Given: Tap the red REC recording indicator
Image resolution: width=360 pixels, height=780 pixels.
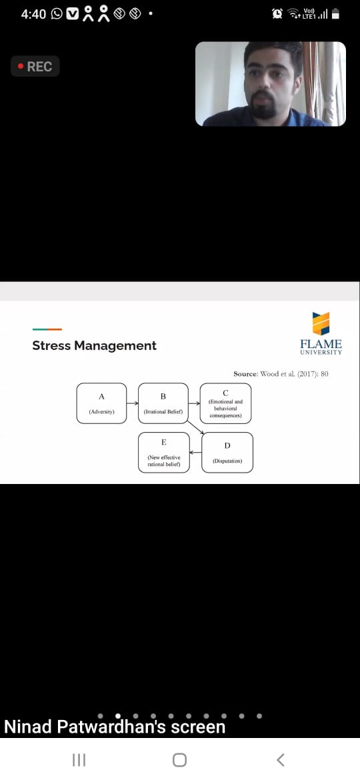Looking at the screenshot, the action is click(x=35, y=66).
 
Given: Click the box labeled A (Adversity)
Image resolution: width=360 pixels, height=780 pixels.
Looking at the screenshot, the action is click(x=101, y=403).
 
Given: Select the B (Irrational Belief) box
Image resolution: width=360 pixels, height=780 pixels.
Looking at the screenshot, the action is click(x=163, y=403).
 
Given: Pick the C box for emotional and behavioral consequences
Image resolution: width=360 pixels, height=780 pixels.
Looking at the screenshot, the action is click(x=225, y=403).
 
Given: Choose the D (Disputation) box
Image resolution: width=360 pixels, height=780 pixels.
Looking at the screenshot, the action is click(x=227, y=452).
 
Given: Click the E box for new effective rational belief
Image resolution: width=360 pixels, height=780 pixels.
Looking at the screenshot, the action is click(x=163, y=452).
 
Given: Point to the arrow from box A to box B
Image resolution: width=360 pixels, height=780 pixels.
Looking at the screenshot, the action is click(x=132, y=403).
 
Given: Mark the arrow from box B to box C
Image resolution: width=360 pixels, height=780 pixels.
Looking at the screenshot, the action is click(x=195, y=403).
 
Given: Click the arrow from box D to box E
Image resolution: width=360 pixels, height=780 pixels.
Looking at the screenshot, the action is click(x=195, y=452).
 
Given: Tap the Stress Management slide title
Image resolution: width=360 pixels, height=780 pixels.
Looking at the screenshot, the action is click(x=95, y=346).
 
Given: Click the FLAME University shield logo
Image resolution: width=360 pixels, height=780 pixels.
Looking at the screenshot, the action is click(x=321, y=324).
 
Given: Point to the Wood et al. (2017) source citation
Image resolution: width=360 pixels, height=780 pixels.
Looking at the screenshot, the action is click(x=281, y=373).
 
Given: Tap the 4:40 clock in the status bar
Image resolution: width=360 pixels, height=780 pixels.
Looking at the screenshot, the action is click(x=33, y=14).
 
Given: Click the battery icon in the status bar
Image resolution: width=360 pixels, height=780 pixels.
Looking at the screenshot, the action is click(x=335, y=14).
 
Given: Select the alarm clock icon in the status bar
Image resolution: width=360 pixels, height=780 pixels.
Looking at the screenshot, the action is click(x=277, y=14).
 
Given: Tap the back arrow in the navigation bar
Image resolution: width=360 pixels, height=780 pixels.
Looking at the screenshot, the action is click(x=281, y=759).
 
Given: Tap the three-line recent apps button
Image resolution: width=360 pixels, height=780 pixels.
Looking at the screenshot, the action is click(x=79, y=759).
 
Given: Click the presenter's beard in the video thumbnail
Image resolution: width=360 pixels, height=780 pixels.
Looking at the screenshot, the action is click(x=263, y=106).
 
